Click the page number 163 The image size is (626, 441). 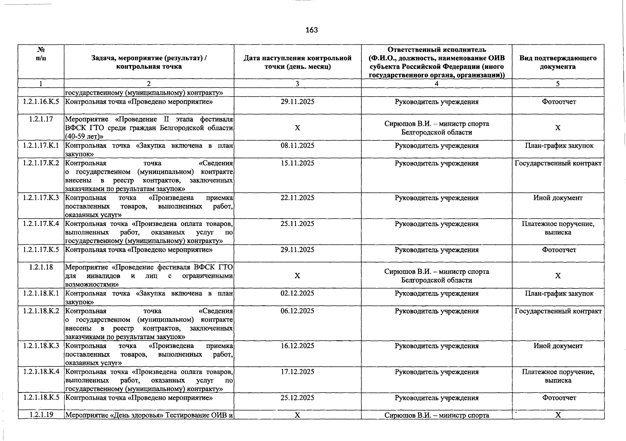(311, 30)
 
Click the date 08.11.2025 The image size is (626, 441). (297, 146)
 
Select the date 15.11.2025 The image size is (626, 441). (297, 163)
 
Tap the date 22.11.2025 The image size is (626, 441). (297, 198)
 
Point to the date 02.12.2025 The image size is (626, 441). (297, 293)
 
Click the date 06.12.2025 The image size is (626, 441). (297, 311)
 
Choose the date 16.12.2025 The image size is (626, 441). (297, 346)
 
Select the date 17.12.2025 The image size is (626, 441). (297, 372)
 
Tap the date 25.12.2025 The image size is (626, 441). (297, 398)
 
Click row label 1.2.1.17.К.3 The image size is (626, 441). (41, 198)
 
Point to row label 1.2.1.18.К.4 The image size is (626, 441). (41, 372)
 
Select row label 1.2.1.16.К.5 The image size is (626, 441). (41, 102)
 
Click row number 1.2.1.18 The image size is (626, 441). (41, 267)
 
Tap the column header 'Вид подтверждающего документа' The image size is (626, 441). (558, 62)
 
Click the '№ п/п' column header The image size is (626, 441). (41, 54)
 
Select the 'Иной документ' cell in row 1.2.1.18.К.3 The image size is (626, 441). (558, 346)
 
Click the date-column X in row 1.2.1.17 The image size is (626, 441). (297, 128)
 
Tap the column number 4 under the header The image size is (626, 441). (436, 84)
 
